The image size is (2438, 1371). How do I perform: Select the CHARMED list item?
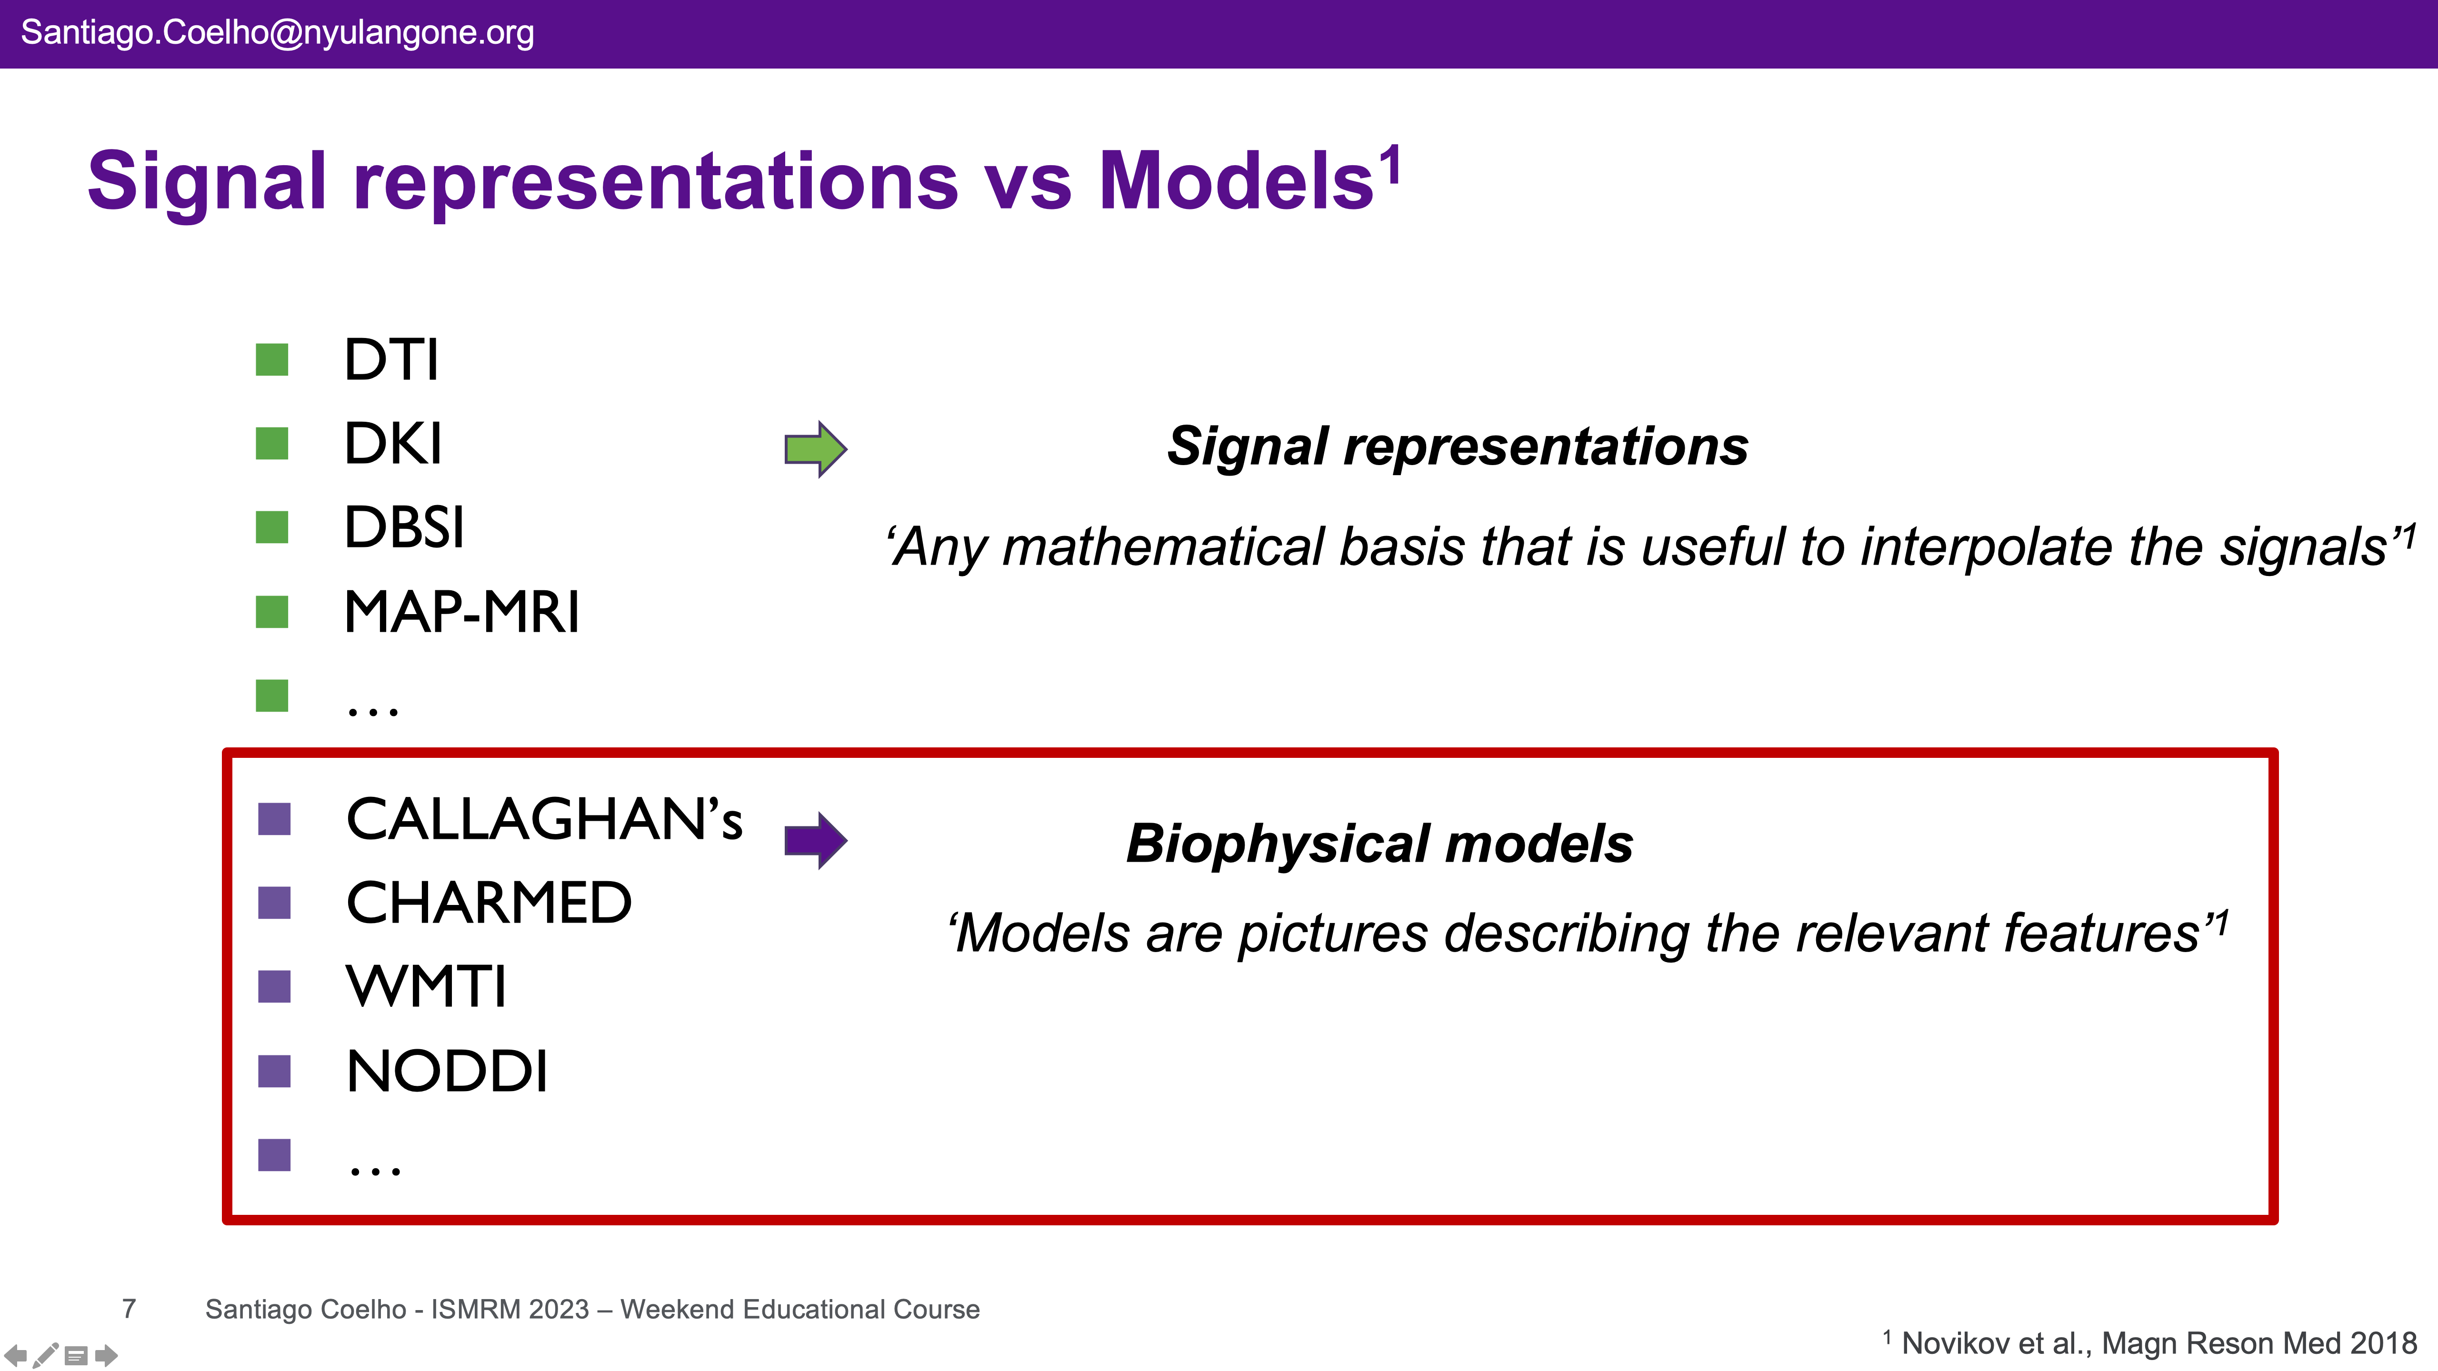(489, 903)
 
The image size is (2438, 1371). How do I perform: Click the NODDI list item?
(447, 1071)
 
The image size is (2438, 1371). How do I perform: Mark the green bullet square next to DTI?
(271, 359)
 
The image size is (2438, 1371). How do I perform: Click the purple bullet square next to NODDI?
(274, 1071)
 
